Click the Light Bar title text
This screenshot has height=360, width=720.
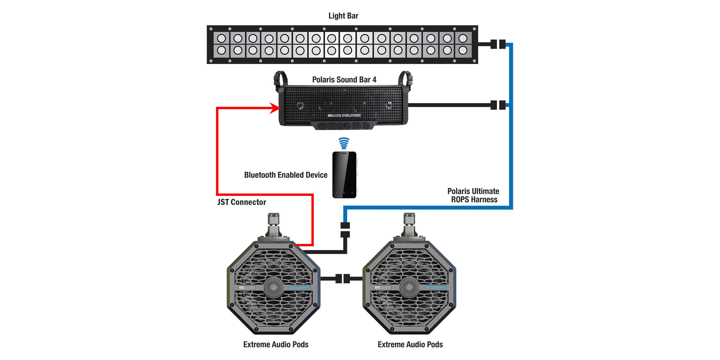pos(343,16)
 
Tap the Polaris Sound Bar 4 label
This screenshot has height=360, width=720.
pos(344,80)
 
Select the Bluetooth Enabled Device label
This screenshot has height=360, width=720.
pos(286,175)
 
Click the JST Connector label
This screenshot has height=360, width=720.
pos(241,202)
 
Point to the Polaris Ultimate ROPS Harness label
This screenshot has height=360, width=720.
pos(473,195)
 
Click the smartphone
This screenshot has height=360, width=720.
pos(344,175)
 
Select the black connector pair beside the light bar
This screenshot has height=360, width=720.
pos(498,44)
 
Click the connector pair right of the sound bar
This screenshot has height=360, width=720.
pos(498,105)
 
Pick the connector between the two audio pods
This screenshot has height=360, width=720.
pos(343,278)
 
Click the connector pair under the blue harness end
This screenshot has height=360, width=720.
pos(345,230)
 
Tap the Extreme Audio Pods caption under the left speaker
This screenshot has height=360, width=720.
pos(276,344)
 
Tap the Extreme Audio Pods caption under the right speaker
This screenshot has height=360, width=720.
pos(410,344)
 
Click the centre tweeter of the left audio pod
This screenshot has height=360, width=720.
pos(273,287)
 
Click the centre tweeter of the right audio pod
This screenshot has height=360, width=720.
pos(409,287)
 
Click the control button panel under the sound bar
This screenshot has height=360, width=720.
pos(344,126)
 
